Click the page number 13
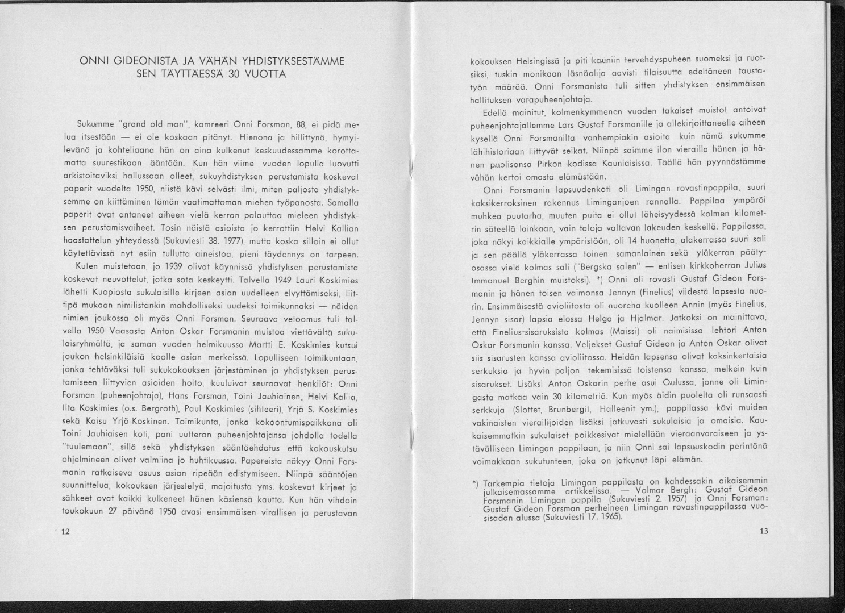(763, 531)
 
